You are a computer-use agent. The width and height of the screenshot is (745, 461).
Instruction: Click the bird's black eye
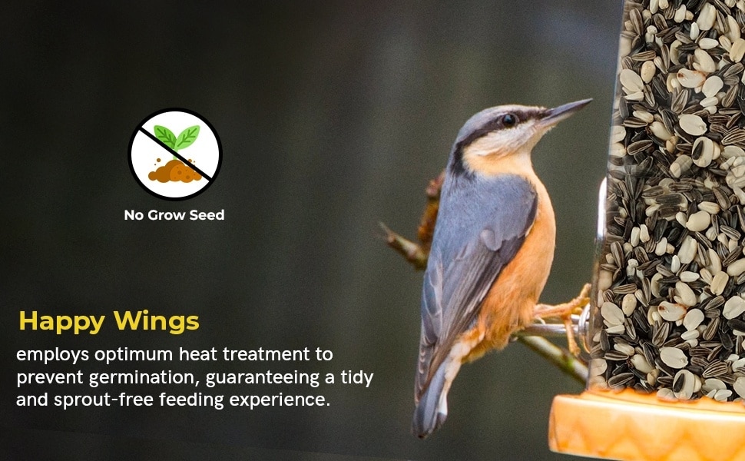pyautogui.click(x=508, y=119)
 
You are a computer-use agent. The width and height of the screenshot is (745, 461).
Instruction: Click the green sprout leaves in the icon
pyautogui.click(x=177, y=137)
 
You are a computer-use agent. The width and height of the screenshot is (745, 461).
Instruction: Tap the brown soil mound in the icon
pyautogui.click(x=174, y=171)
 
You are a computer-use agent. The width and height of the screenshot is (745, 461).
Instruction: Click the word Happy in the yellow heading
pyautogui.click(x=61, y=322)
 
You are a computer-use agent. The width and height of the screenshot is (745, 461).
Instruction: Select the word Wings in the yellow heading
pyautogui.click(x=157, y=322)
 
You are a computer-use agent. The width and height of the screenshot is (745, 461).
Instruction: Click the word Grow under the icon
pyautogui.click(x=167, y=215)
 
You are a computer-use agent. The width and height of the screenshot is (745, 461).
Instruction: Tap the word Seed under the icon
pyautogui.click(x=207, y=215)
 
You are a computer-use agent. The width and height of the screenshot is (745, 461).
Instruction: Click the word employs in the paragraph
pyautogui.click(x=53, y=355)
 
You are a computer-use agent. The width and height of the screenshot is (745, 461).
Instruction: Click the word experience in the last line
pyautogui.click(x=280, y=400)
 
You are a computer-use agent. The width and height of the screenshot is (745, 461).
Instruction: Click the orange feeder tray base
pyautogui.click(x=647, y=426)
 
